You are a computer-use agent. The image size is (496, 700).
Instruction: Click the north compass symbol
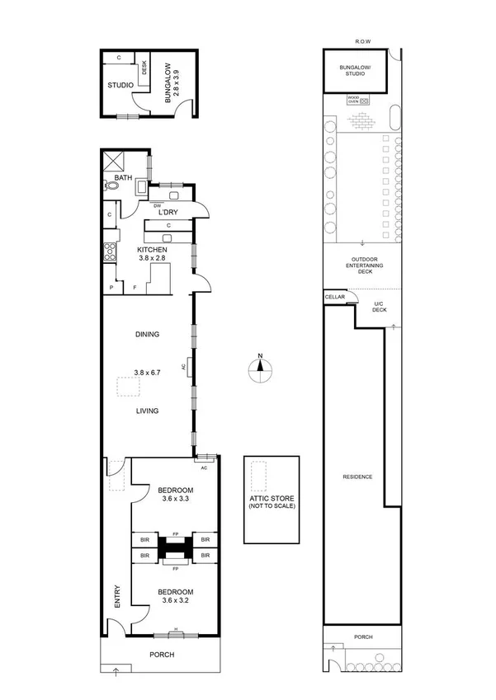pos(260,369)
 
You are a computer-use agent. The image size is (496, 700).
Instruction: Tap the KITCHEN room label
pos(153,249)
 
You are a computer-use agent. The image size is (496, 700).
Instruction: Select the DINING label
pos(147,334)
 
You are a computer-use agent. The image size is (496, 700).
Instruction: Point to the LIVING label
pos(147,411)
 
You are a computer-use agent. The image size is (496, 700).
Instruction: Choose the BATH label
pos(122,178)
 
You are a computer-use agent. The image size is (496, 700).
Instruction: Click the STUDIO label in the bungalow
pos(120,85)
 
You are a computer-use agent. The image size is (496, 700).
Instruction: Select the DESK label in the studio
pos(144,68)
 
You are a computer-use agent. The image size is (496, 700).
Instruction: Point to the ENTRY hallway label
pos(117,598)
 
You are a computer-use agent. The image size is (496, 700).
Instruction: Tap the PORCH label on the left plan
pos(161,655)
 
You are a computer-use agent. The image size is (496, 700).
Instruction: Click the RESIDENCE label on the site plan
pos(358,477)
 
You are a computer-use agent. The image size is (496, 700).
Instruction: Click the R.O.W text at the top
pos(362,40)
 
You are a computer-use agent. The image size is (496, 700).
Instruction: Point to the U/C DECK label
pos(380,308)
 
